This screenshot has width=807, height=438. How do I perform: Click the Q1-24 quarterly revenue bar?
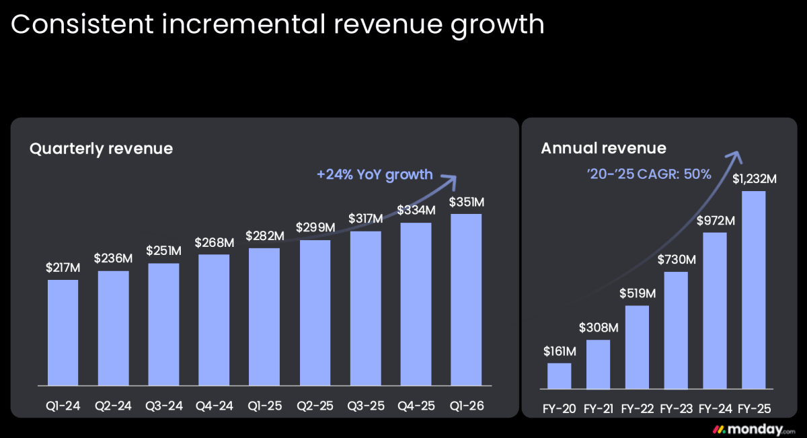coord(63,333)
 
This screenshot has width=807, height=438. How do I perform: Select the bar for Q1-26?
coord(466,300)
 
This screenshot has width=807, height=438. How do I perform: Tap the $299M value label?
coord(315,227)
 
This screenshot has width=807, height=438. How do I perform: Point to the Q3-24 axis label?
coord(164,406)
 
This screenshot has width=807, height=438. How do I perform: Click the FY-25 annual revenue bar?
coord(754,290)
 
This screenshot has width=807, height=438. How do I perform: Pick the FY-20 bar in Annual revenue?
coord(559,376)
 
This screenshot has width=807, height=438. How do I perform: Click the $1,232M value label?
coord(755,179)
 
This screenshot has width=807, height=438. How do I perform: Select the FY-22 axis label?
coord(638,409)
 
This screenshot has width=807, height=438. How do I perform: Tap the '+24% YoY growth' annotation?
coord(375,175)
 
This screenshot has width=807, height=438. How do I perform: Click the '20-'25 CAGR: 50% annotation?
coord(649,174)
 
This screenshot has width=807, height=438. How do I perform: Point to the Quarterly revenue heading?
coord(102,149)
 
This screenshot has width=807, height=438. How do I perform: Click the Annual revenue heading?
coord(604,148)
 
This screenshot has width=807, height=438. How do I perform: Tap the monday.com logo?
coord(754,429)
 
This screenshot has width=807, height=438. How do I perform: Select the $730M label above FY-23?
coord(677,260)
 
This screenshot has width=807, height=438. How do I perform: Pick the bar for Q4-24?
coord(214,320)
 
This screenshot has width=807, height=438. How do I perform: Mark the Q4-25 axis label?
coord(416,406)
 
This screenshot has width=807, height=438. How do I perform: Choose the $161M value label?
coord(560,351)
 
